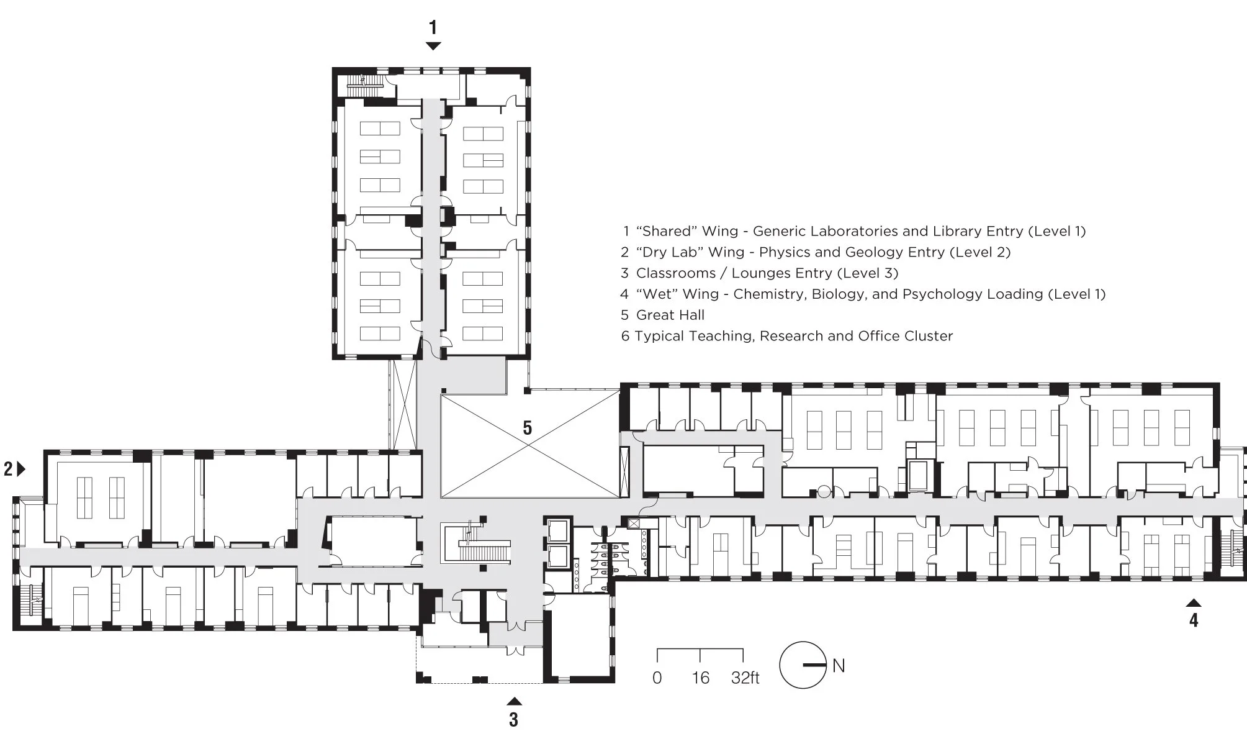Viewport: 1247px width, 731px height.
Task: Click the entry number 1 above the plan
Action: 433,27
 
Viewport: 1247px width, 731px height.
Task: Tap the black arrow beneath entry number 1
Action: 433,46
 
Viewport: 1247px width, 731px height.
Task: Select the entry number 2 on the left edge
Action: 8,470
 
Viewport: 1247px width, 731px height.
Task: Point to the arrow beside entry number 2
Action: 22,469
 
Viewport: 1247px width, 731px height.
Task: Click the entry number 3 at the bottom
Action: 513,719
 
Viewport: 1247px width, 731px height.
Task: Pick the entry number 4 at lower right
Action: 1194,620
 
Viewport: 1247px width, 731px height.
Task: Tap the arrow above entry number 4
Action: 1194,602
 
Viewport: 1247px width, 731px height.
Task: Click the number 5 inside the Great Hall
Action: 527,428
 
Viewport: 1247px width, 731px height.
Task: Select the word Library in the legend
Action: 950,232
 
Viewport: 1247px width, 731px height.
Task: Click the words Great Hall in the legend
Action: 670,315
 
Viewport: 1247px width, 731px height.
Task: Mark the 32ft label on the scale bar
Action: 745,678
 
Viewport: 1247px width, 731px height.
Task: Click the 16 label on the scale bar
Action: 701,678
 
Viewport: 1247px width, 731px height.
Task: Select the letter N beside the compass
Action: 839,666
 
